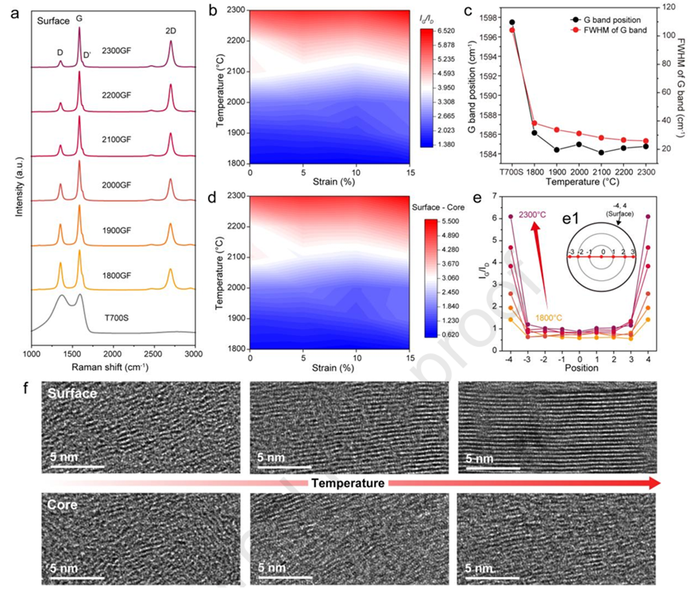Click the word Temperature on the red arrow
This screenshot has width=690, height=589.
348,483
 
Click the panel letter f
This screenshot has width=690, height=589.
29,390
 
